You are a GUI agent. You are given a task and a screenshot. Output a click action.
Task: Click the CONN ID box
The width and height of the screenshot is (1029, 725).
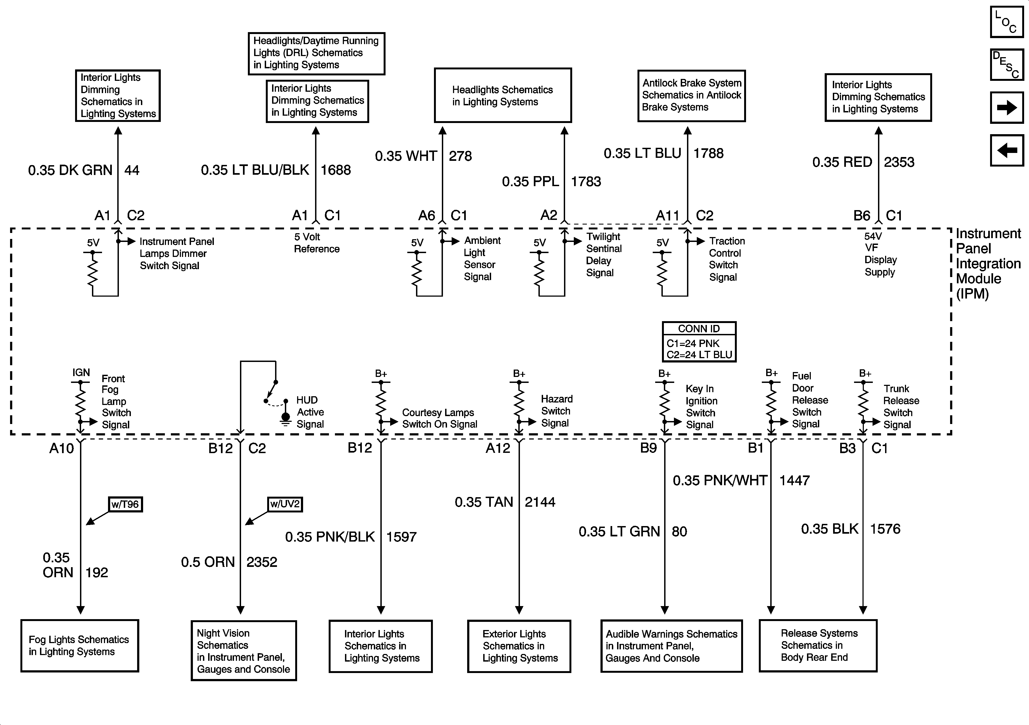699,342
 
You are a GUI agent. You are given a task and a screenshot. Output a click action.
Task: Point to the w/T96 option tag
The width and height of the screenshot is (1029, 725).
125,504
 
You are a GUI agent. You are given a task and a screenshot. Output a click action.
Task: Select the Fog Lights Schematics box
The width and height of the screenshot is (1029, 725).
79,646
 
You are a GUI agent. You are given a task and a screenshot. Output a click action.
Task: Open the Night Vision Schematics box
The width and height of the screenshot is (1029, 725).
243,651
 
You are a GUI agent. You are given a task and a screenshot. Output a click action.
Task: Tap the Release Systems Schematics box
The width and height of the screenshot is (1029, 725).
818,645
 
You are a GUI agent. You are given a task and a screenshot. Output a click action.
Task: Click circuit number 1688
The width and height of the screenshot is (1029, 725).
336,170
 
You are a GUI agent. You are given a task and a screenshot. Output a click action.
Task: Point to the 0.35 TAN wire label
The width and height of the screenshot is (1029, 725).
483,502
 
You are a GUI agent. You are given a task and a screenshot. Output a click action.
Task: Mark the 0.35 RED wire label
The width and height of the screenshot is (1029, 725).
842,162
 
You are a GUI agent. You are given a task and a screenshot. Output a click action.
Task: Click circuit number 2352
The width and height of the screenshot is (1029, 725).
262,562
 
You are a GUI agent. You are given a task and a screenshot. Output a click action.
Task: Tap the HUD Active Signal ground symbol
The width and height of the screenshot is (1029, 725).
285,419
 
